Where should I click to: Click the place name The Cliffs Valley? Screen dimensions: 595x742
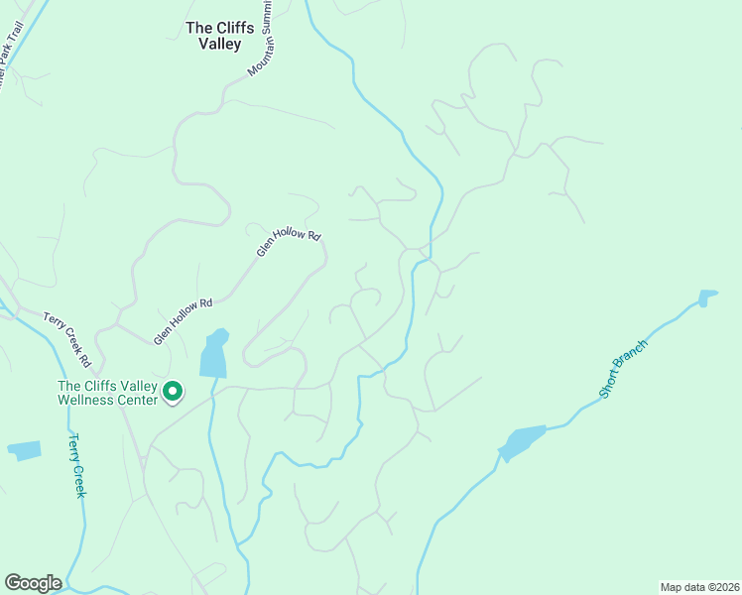(227, 36)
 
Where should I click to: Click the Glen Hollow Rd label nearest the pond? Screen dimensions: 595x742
(184, 321)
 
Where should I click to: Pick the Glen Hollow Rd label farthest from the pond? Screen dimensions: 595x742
(290, 244)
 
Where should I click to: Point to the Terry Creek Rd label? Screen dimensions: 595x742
(67, 338)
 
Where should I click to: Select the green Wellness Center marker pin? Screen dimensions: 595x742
(173, 393)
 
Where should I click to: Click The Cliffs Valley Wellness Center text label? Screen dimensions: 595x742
(107, 393)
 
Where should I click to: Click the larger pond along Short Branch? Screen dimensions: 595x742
(522, 441)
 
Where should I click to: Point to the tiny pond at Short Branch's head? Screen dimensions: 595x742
(707, 297)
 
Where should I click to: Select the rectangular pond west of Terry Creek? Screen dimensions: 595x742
(25, 450)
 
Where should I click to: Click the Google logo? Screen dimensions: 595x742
(33, 583)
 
